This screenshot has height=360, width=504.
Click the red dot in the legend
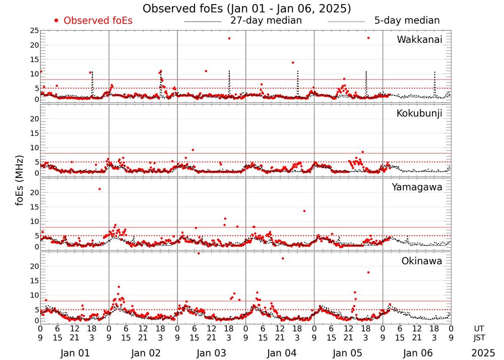click(56, 21)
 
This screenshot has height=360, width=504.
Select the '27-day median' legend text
click(266, 21)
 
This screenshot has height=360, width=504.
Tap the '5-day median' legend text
click(407, 21)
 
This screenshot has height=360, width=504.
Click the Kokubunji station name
click(419, 113)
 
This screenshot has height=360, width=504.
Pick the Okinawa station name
click(422, 261)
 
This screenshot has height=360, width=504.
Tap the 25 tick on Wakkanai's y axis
click(35, 31)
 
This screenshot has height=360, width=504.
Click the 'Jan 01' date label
click(75, 353)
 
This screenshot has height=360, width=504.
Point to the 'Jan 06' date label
click(417, 353)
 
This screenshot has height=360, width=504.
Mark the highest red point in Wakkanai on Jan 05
click(368, 38)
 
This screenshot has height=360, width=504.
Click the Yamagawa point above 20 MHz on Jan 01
click(99, 189)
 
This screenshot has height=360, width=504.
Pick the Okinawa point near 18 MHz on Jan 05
click(368, 272)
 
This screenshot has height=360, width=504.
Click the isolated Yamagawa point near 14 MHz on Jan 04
click(304, 211)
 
